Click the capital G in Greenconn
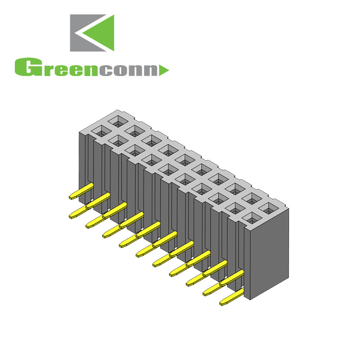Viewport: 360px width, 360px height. (x=25, y=67)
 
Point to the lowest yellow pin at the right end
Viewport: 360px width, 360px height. (x=224, y=303)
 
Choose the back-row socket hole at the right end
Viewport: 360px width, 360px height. (x=268, y=207)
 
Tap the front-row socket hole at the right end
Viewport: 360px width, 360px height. (x=250, y=218)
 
